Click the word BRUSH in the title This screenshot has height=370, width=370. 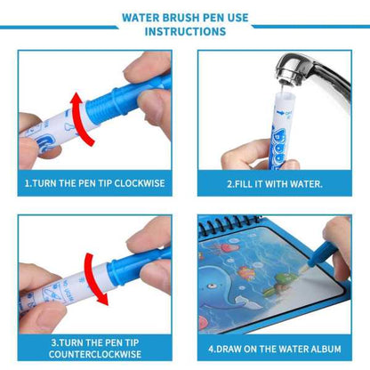point(177,15)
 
